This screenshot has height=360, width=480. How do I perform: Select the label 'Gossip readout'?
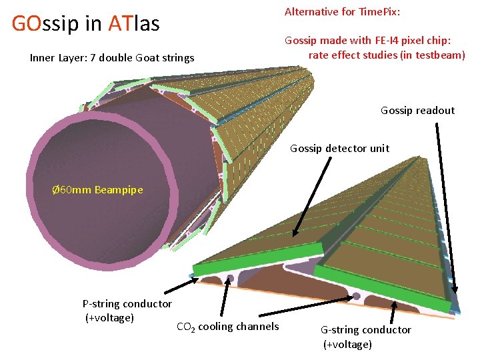[x=417, y=111]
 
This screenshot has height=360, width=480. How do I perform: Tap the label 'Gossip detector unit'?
[x=339, y=148]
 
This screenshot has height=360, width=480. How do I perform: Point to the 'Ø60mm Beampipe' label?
[x=97, y=190]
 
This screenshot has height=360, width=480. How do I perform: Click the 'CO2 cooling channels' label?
[x=227, y=327]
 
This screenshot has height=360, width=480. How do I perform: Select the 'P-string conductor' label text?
[x=127, y=304]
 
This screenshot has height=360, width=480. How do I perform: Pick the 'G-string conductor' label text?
[x=366, y=330]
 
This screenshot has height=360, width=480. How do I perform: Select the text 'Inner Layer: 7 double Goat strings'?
[x=112, y=58]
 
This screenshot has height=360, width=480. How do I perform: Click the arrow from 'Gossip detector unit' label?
[x=312, y=197]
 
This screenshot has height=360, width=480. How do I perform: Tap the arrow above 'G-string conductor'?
[x=394, y=311]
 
